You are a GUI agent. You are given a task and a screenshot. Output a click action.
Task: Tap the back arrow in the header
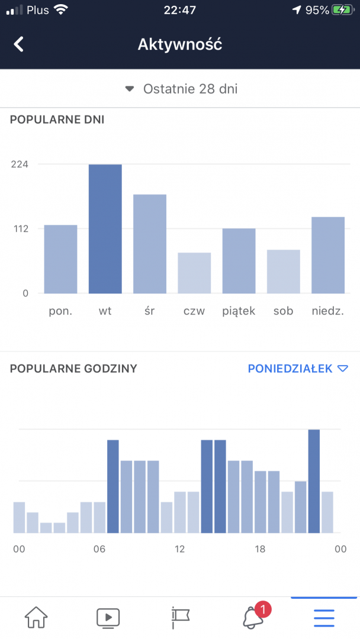point(19,44)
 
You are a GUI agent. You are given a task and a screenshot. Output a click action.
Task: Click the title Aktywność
point(180,44)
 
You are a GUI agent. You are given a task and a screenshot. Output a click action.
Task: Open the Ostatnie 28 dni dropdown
point(181,89)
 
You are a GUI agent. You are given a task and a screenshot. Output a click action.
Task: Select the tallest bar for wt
point(105,228)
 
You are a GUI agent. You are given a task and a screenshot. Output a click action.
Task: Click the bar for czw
point(194,273)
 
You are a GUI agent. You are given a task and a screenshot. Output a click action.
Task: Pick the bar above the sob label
point(283,272)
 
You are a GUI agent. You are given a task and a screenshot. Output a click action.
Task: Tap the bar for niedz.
point(328,255)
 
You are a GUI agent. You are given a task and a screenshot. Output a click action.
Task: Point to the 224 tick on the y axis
point(20,164)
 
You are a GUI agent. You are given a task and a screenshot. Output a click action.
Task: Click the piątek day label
point(239,311)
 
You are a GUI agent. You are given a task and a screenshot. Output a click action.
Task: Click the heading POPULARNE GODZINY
point(73,369)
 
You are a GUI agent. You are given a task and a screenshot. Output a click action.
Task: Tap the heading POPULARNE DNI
point(57,120)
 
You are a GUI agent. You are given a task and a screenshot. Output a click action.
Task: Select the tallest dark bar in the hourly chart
point(314,480)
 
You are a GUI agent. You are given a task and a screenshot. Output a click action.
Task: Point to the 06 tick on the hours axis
point(99,549)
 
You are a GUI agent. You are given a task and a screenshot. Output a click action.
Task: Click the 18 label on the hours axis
point(260,549)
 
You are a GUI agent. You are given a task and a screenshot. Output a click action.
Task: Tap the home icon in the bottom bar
point(36,617)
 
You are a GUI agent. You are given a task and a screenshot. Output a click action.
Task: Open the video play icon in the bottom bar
point(108,617)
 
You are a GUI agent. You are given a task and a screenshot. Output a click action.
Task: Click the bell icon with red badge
point(253,617)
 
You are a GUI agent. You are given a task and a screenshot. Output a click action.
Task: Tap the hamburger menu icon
point(324,617)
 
